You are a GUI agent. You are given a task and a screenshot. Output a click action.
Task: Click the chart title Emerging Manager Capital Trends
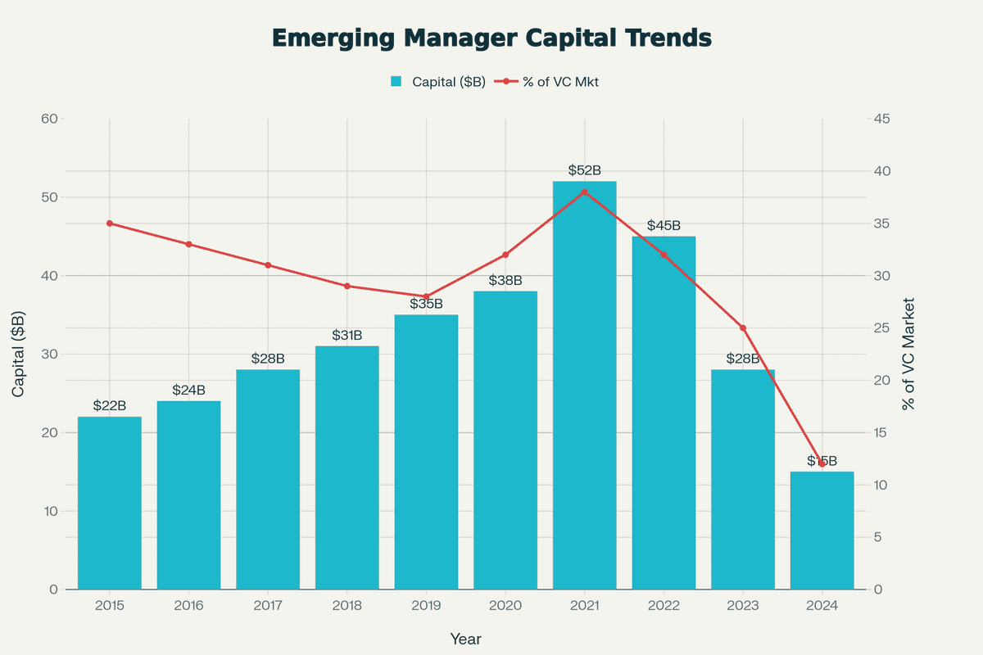[491, 38]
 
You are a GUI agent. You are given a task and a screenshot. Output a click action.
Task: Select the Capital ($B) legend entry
[439, 81]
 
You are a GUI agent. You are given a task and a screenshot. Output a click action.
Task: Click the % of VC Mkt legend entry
[550, 81]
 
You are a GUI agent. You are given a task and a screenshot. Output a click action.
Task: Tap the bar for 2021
[584, 385]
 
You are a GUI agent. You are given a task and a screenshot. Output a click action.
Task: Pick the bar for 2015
[109, 503]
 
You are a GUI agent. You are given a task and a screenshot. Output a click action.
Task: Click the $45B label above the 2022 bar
[664, 225]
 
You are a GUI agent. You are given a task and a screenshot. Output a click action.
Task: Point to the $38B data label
[505, 280]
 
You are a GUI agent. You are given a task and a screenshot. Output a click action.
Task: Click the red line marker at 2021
[584, 192]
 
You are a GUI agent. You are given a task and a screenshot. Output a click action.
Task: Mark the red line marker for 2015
[109, 224]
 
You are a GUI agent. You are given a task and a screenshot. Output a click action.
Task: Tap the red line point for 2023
[743, 328]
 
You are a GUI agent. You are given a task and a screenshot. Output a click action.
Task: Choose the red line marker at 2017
[268, 265]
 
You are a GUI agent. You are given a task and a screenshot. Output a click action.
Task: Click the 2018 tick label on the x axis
[347, 606]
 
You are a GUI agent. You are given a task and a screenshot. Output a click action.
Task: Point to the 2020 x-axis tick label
[505, 606]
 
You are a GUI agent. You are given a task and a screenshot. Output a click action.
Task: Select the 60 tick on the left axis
[48, 119]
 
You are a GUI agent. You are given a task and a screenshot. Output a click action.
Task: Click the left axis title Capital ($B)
[19, 355]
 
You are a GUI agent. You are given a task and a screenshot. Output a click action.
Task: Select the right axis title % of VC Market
[908, 355]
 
